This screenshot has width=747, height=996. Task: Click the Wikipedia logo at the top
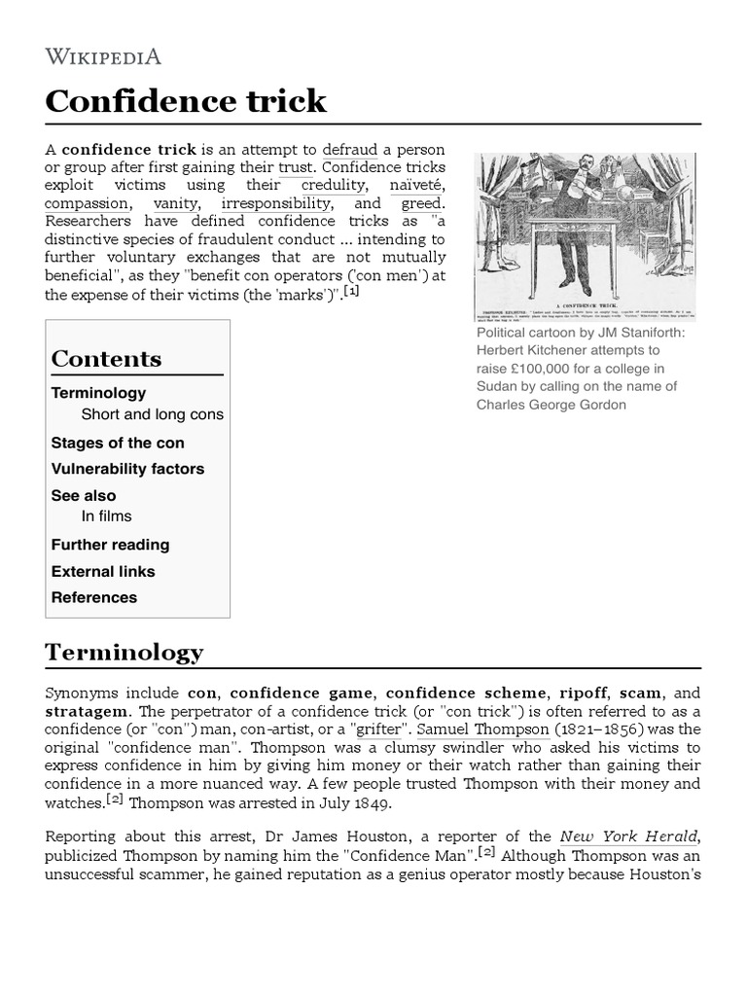pyautogui.click(x=103, y=56)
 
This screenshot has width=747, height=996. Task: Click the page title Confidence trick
pyautogui.click(x=186, y=101)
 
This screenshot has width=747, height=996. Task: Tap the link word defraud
pyautogui.click(x=349, y=150)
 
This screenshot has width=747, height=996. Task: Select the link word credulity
pyautogui.click(x=334, y=185)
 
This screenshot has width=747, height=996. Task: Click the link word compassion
pyautogui.click(x=87, y=203)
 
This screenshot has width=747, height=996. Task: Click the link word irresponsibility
pyautogui.click(x=276, y=203)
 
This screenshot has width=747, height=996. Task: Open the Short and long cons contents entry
pyautogui.click(x=152, y=414)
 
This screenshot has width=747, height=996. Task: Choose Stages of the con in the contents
pyautogui.click(x=118, y=443)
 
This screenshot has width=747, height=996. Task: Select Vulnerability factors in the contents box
pyautogui.click(x=127, y=469)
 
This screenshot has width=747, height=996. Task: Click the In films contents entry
pyautogui.click(x=106, y=516)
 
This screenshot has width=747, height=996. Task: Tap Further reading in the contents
pyautogui.click(x=110, y=545)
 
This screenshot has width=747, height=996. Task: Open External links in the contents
pyautogui.click(x=103, y=571)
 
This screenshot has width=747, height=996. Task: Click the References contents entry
pyautogui.click(x=94, y=597)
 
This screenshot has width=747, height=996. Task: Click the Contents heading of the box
pyautogui.click(x=106, y=359)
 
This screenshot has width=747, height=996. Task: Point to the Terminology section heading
pyautogui.click(x=124, y=653)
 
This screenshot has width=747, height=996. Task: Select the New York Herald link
pyautogui.click(x=627, y=836)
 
